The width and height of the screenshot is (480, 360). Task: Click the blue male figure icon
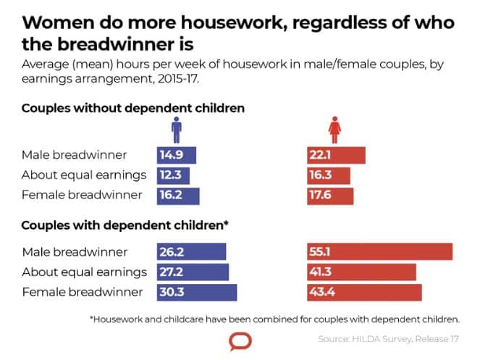pyautogui.click(x=176, y=131)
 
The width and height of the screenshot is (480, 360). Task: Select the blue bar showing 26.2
pyautogui.click(x=191, y=252)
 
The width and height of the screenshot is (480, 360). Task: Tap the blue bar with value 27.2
pyautogui.click(x=193, y=272)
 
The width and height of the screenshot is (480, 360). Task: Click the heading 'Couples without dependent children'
pyautogui.click(x=133, y=108)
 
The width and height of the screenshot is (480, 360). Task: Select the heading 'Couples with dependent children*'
pyautogui.click(x=125, y=225)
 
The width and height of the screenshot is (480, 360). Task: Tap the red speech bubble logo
pyautogui.click(x=239, y=341)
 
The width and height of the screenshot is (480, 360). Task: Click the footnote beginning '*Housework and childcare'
pyautogui.click(x=274, y=318)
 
